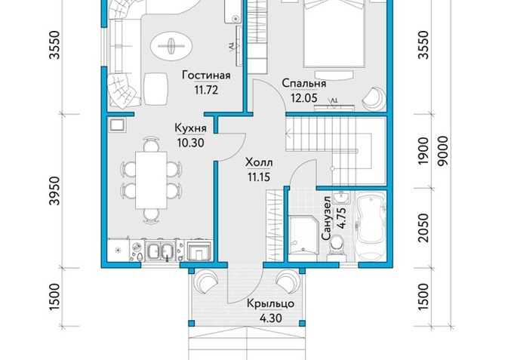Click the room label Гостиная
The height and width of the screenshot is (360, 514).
click(207, 75)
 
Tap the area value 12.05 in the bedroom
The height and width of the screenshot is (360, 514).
click(304, 97)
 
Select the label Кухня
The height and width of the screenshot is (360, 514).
click(190, 128)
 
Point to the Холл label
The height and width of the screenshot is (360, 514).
click(259, 162)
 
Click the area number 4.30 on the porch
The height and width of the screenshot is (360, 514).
click(270, 318)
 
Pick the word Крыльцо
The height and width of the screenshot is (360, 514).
click(270, 304)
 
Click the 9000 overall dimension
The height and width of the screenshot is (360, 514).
click(443, 151)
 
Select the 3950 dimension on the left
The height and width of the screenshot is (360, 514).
click(55, 191)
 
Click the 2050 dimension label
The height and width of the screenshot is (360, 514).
click(423, 228)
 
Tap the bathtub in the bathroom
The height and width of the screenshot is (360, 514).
click(371, 226)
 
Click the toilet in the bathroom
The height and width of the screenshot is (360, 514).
click(337, 247)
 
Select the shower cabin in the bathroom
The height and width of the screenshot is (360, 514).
click(303, 235)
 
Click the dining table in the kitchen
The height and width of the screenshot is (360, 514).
click(151, 180)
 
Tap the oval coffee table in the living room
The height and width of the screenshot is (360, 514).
click(171, 46)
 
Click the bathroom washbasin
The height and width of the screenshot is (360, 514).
click(341, 198)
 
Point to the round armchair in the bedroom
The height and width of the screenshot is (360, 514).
click(374, 97)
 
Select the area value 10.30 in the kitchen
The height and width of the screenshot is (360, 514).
click(190, 143)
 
